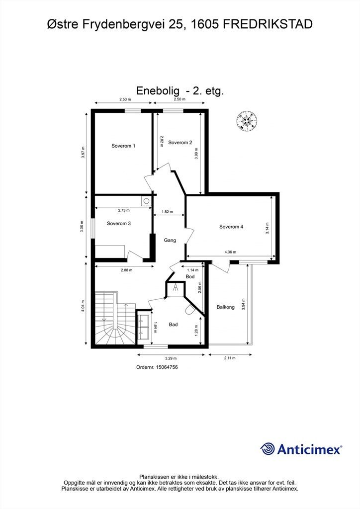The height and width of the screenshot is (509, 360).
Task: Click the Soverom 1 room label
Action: pos(123,146)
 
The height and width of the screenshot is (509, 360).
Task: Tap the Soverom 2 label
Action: pos(180,143)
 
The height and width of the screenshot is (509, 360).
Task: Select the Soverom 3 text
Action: pos(119,223)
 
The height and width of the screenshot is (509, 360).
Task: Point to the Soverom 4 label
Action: pos(231,227)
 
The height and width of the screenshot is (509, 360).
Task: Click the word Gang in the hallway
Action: pos(170,240)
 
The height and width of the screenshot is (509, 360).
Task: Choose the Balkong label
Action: pos(226,307)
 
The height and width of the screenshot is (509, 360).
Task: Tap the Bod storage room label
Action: pos(190,276)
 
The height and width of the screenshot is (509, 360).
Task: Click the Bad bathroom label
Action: pos(174,324)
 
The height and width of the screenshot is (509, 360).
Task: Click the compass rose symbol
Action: pos(247,121)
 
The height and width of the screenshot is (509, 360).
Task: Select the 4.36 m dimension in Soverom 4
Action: pos(230,252)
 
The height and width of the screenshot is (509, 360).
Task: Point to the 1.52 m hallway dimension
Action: pos(167,212)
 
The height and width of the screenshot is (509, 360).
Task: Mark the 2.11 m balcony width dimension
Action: pos(230,358)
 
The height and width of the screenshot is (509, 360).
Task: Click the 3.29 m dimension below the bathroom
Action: pos(171,358)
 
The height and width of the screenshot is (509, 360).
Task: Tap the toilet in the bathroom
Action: pos(190,310)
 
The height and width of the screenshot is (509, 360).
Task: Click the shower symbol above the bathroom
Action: pos(176,288)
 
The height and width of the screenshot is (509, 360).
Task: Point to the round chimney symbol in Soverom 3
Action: pos(146,201)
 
